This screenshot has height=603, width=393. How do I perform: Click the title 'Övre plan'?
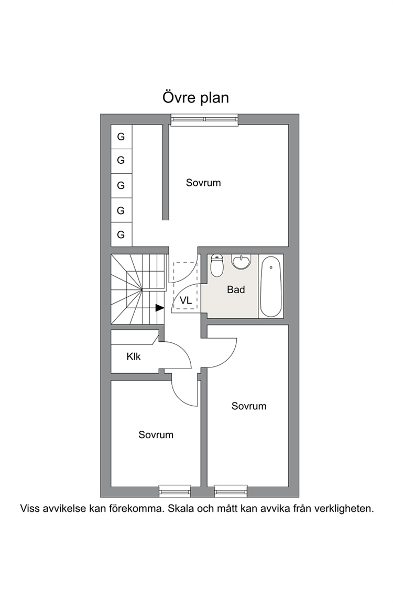click(x=195, y=97)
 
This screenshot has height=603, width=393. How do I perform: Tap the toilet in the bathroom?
click(x=217, y=265)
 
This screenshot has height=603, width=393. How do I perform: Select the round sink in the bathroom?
click(x=242, y=262)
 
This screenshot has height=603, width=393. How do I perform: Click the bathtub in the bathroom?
click(x=271, y=286)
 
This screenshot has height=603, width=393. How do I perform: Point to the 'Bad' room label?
click(x=236, y=289)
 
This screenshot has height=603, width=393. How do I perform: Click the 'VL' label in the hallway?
click(x=185, y=300)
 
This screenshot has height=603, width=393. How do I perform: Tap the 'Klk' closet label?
click(x=134, y=357)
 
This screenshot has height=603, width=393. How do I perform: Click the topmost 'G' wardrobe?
click(x=121, y=137)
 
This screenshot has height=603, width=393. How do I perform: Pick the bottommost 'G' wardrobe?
click(x=121, y=234)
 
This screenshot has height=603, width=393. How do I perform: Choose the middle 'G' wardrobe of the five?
click(x=121, y=185)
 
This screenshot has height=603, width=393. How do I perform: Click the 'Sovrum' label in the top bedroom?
click(x=203, y=183)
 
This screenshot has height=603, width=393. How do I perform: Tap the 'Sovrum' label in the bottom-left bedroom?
click(x=156, y=435)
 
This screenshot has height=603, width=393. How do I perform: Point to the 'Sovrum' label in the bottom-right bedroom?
click(x=249, y=406)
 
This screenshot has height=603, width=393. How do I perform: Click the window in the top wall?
click(x=204, y=119)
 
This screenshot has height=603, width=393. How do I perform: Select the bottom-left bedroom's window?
click(x=175, y=491)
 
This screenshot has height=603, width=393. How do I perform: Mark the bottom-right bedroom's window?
click(x=231, y=491)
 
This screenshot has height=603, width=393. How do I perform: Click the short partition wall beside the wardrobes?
click(x=166, y=172)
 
